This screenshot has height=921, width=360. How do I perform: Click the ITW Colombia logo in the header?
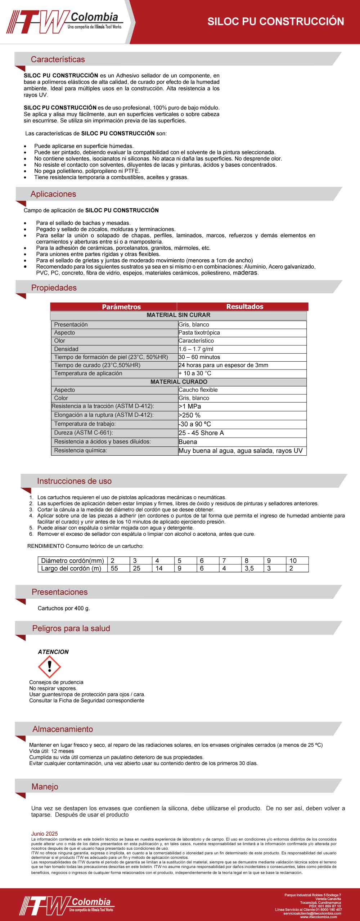click(x=65, y=22)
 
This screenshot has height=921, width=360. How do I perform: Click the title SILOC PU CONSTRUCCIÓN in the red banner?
click(x=275, y=22)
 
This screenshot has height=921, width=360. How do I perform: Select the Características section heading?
click(x=58, y=59)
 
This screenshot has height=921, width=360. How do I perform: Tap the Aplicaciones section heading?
click(x=53, y=194)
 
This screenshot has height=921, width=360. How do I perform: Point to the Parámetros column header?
click(x=121, y=307)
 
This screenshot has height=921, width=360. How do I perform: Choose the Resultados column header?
click(x=245, y=307)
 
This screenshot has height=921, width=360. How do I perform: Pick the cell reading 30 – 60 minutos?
click(x=199, y=357)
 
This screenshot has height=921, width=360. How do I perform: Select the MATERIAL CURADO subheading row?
click(x=179, y=382)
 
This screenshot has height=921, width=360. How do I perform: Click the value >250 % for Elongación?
click(x=189, y=415)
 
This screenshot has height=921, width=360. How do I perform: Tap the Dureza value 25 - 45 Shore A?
click(x=201, y=433)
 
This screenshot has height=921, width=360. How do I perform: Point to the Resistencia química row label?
click(x=80, y=451)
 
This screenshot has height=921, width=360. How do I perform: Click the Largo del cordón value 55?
click(x=114, y=568)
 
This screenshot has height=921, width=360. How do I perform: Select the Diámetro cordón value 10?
click(x=293, y=561)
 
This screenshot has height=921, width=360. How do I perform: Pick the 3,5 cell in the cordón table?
click(x=249, y=568)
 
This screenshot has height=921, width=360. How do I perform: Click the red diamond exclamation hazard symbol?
click(x=49, y=667)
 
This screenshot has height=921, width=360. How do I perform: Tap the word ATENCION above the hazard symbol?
click(x=53, y=652)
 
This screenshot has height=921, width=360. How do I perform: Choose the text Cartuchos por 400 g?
click(x=64, y=608)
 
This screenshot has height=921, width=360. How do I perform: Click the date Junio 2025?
click(x=44, y=834)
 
